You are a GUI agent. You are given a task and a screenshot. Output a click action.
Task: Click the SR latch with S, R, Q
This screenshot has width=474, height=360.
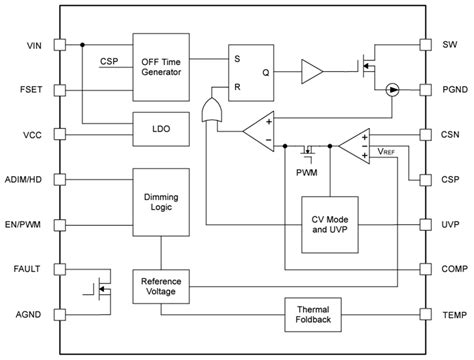click(249, 71)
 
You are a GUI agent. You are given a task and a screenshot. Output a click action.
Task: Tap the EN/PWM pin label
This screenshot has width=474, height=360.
click(23, 225)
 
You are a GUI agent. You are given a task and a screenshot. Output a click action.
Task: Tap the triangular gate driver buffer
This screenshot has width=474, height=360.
click(311, 71)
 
